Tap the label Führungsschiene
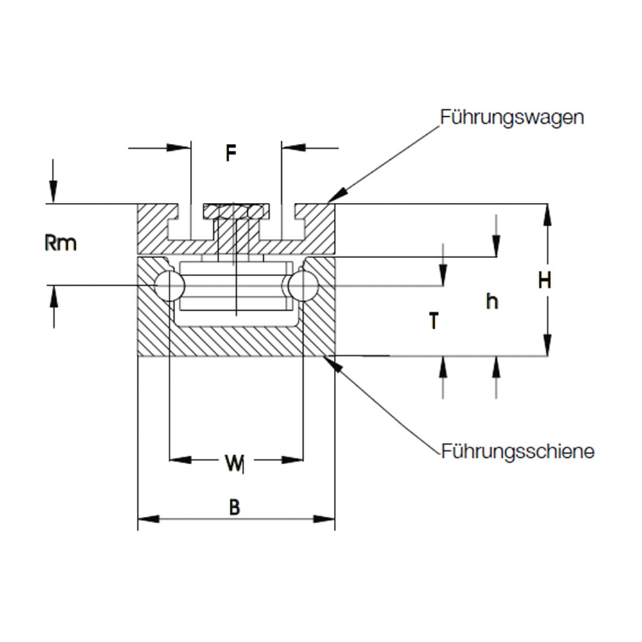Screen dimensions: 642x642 [x=517, y=452]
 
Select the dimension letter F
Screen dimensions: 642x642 [x=231, y=153]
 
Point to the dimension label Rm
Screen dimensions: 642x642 [x=60, y=243]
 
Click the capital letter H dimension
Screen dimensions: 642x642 [x=544, y=281]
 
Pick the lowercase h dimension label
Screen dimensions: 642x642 [x=492, y=302]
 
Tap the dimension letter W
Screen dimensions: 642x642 [x=234, y=463]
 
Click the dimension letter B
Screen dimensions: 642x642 [x=234, y=507]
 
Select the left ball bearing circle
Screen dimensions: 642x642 [x=169, y=286]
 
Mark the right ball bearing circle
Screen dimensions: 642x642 [x=304, y=286]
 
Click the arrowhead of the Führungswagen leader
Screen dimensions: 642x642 [x=336, y=196]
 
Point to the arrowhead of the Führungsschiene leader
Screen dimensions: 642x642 [x=333, y=363]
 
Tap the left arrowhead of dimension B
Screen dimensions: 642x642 [x=148, y=519]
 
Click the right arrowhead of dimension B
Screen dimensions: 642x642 [x=324, y=519]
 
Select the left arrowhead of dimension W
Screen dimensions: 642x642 [x=180, y=460]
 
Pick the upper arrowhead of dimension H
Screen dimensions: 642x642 [x=548, y=214]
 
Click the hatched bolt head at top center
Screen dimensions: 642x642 [x=237, y=211]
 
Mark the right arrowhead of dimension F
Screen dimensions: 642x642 [x=293, y=148]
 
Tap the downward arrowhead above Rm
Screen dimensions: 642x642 [x=53, y=192]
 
